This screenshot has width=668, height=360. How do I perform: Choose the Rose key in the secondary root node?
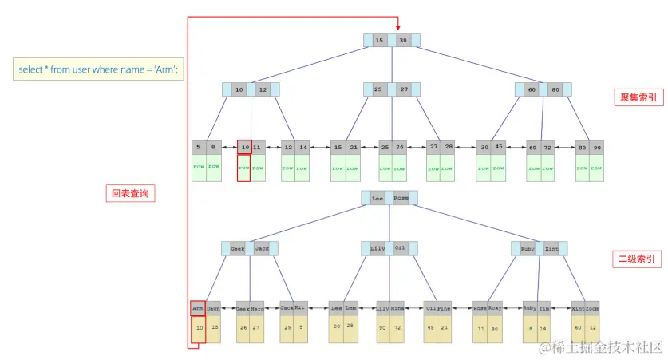pyautogui.click(x=402, y=198)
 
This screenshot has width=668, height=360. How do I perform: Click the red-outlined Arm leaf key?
pyautogui.click(x=198, y=307)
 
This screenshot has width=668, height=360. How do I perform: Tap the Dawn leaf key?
pyautogui.click(x=213, y=307)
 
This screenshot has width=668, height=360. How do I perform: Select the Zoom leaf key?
pyautogui.click(x=592, y=307)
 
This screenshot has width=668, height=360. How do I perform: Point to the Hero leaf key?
pyautogui.click(x=257, y=307)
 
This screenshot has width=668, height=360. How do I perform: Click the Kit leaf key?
pyautogui.click(x=300, y=307)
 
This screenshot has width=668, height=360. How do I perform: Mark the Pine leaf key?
pyautogui.click(x=445, y=307)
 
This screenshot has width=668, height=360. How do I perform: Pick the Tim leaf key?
pyautogui.click(x=543, y=307)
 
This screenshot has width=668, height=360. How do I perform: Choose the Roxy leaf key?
pyautogui.click(x=495, y=307)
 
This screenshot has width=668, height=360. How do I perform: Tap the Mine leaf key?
pyautogui.click(x=397, y=307)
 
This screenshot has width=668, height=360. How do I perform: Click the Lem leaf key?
pyautogui.click(x=350, y=307)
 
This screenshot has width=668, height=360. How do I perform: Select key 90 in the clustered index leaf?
pyautogui.click(x=598, y=148)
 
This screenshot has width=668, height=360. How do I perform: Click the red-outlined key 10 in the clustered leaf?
pyautogui.click(x=245, y=148)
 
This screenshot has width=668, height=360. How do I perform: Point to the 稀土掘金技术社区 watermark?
pyautogui.click(x=602, y=347)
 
